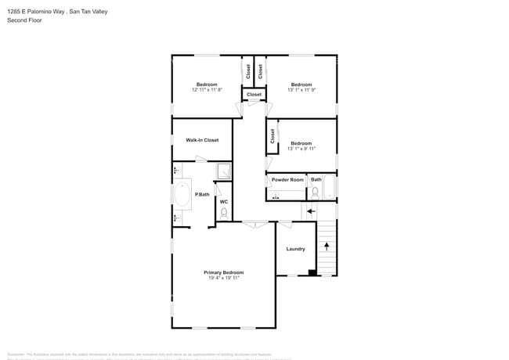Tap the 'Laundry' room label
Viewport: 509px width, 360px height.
[x=295, y=249]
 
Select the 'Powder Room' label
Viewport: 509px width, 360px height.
[x=287, y=180]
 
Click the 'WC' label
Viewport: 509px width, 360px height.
[x=223, y=202]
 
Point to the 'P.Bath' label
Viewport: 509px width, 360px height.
[x=202, y=194]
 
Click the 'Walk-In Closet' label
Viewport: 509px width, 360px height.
[x=202, y=140]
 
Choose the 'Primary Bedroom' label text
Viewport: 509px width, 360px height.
[x=223, y=272]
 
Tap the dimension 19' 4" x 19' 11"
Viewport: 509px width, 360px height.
[x=223, y=279]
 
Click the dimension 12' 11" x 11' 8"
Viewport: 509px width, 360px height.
[x=207, y=90]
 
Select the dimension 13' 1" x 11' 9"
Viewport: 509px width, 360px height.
[x=301, y=90]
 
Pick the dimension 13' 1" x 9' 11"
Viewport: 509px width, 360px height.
[x=301, y=149]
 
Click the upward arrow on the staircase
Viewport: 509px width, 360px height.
[x=327, y=246]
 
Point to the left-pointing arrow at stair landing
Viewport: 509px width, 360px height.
[x=310, y=211]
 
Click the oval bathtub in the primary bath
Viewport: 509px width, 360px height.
[x=182, y=195]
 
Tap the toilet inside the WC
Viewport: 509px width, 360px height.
[x=224, y=212]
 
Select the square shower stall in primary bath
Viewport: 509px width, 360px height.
[x=223, y=171]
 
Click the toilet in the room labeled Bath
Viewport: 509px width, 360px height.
[x=316, y=190]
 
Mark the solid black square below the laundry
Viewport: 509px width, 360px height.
[x=312, y=272]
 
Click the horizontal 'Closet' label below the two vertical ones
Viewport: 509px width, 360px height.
[x=254, y=95]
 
